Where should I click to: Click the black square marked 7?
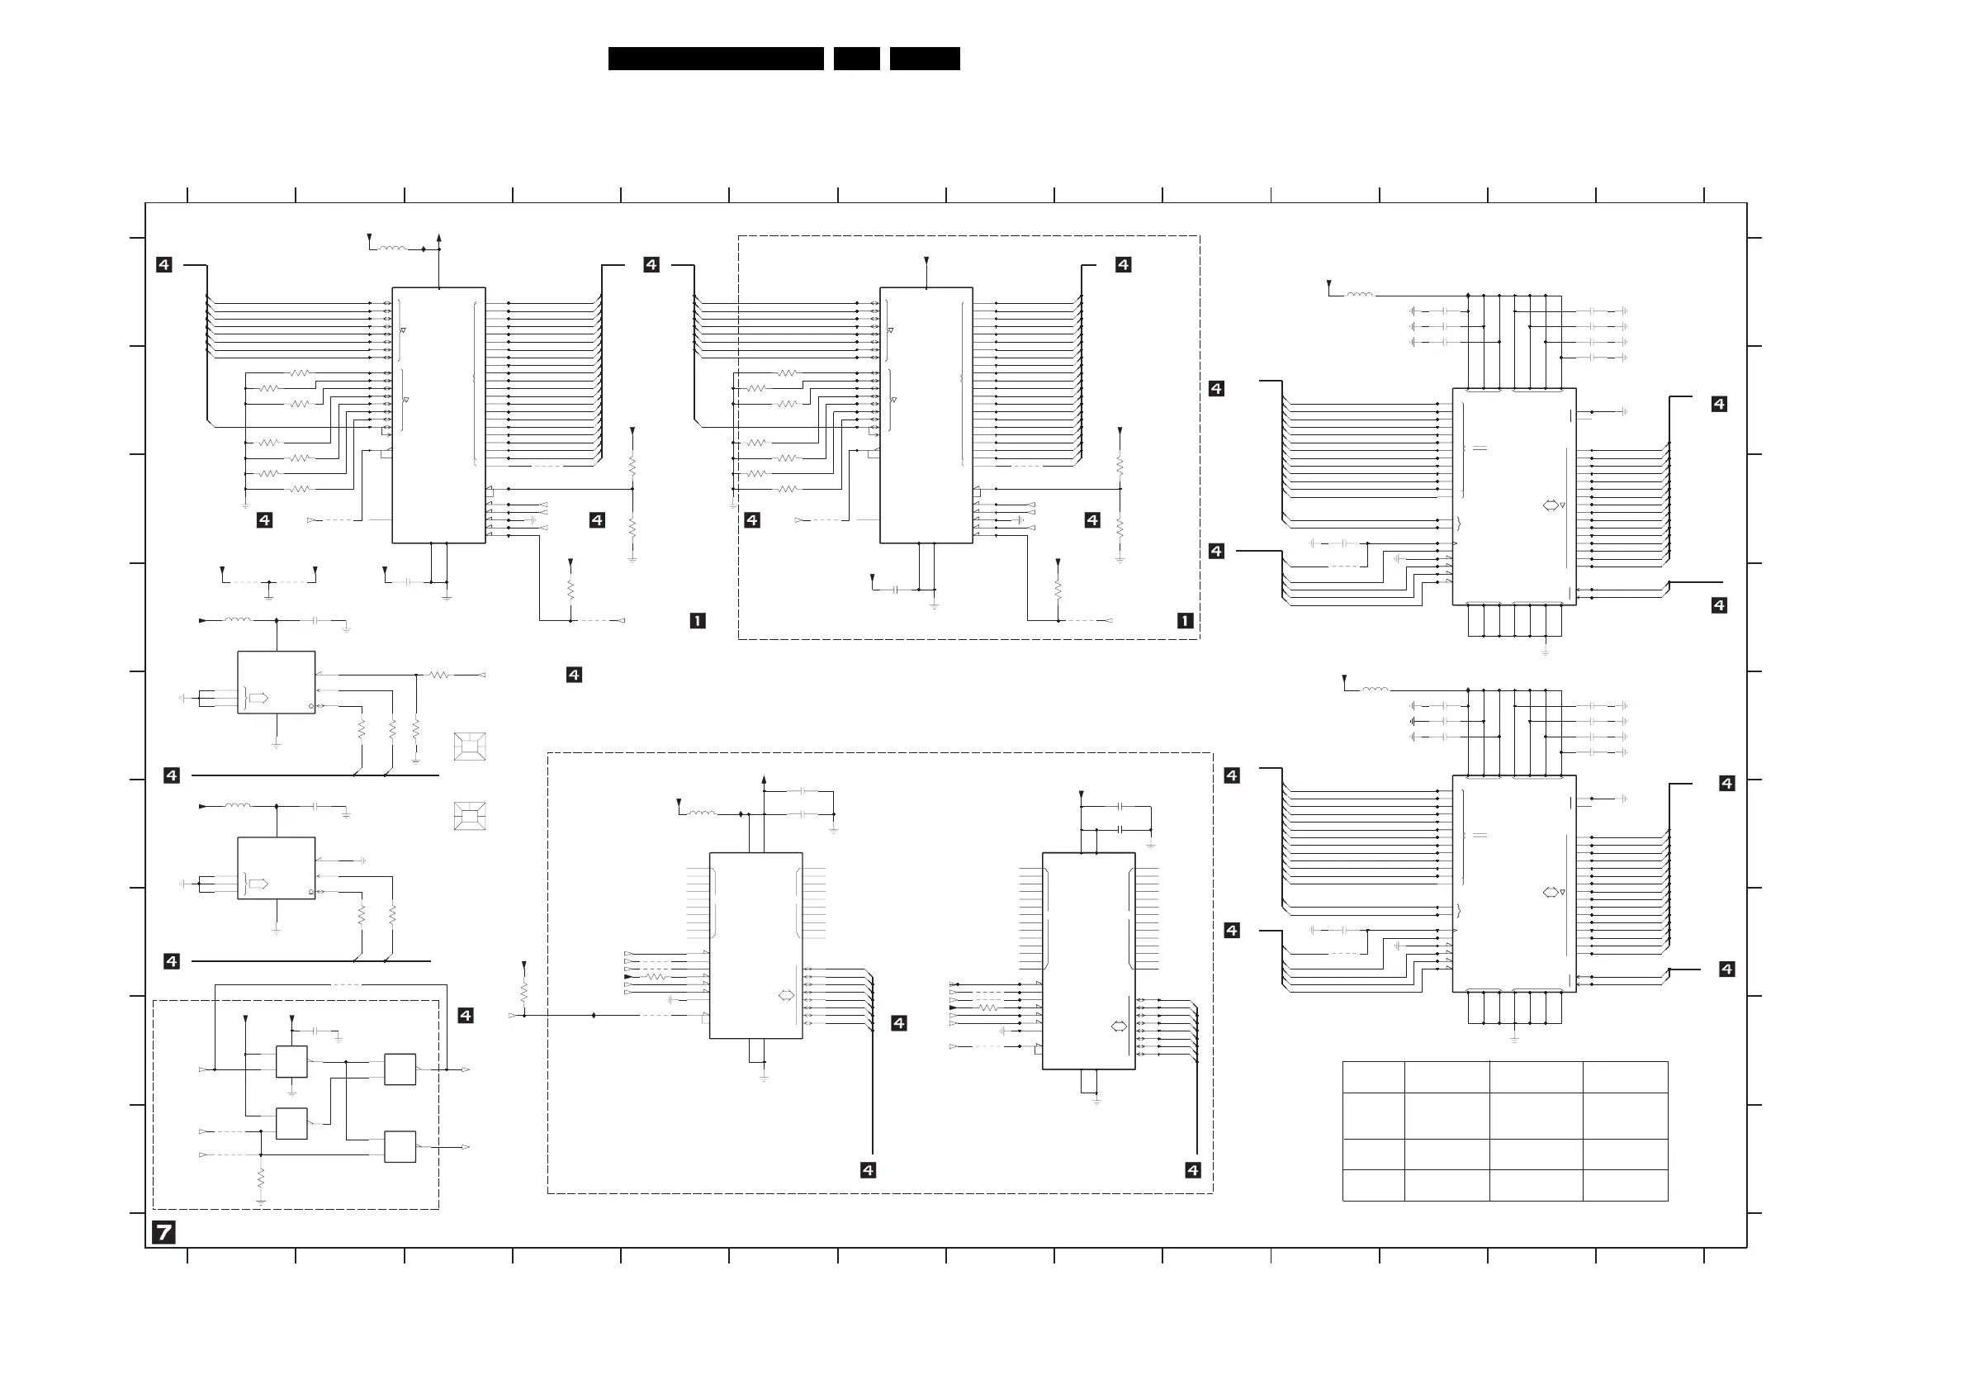tap(163, 1232)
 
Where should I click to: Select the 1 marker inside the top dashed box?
tap(1185, 620)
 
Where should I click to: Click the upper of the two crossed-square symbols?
tap(470, 747)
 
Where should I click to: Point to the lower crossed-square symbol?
tap(470, 816)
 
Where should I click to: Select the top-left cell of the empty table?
tap(1373, 1077)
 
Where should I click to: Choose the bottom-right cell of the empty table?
tap(1624, 1185)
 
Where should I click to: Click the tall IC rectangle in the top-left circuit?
tap(438, 415)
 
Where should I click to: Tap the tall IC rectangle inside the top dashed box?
tap(926, 415)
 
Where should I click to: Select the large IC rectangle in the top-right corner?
tap(1514, 496)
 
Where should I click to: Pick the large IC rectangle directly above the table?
tap(1514, 884)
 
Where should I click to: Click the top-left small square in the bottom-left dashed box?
tap(291, 1061)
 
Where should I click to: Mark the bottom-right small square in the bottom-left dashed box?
tap(400, 1147)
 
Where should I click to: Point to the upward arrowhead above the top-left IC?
tap(439, 237)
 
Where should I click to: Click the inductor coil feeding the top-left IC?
tap(393, 249)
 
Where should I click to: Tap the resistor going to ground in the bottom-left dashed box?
tap(261, 1179)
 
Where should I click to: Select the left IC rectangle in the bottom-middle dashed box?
tap(755, 945)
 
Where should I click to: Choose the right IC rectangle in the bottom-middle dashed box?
tap(1089, 960)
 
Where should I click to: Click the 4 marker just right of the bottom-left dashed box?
tap(466, 1015)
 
